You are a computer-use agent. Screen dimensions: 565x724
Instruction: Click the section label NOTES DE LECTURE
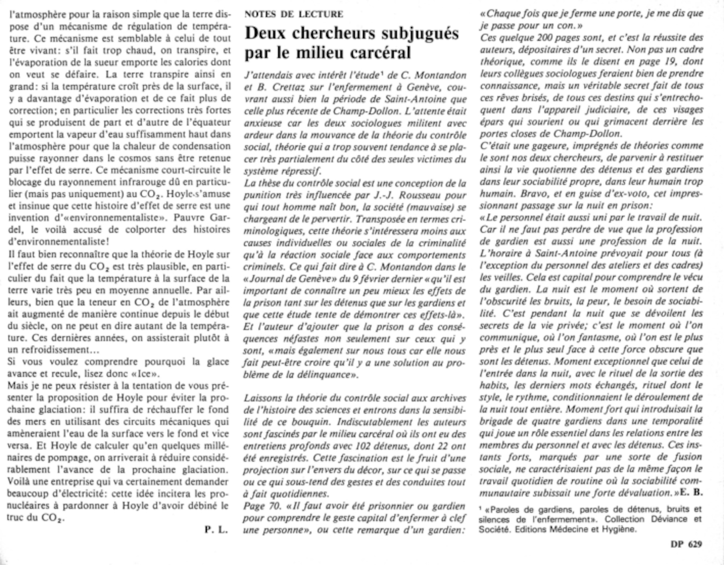pos(294,14)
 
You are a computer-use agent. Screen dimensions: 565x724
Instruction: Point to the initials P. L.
pos(216,530)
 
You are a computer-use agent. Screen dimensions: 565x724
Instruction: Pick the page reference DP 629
pos(686,544)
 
